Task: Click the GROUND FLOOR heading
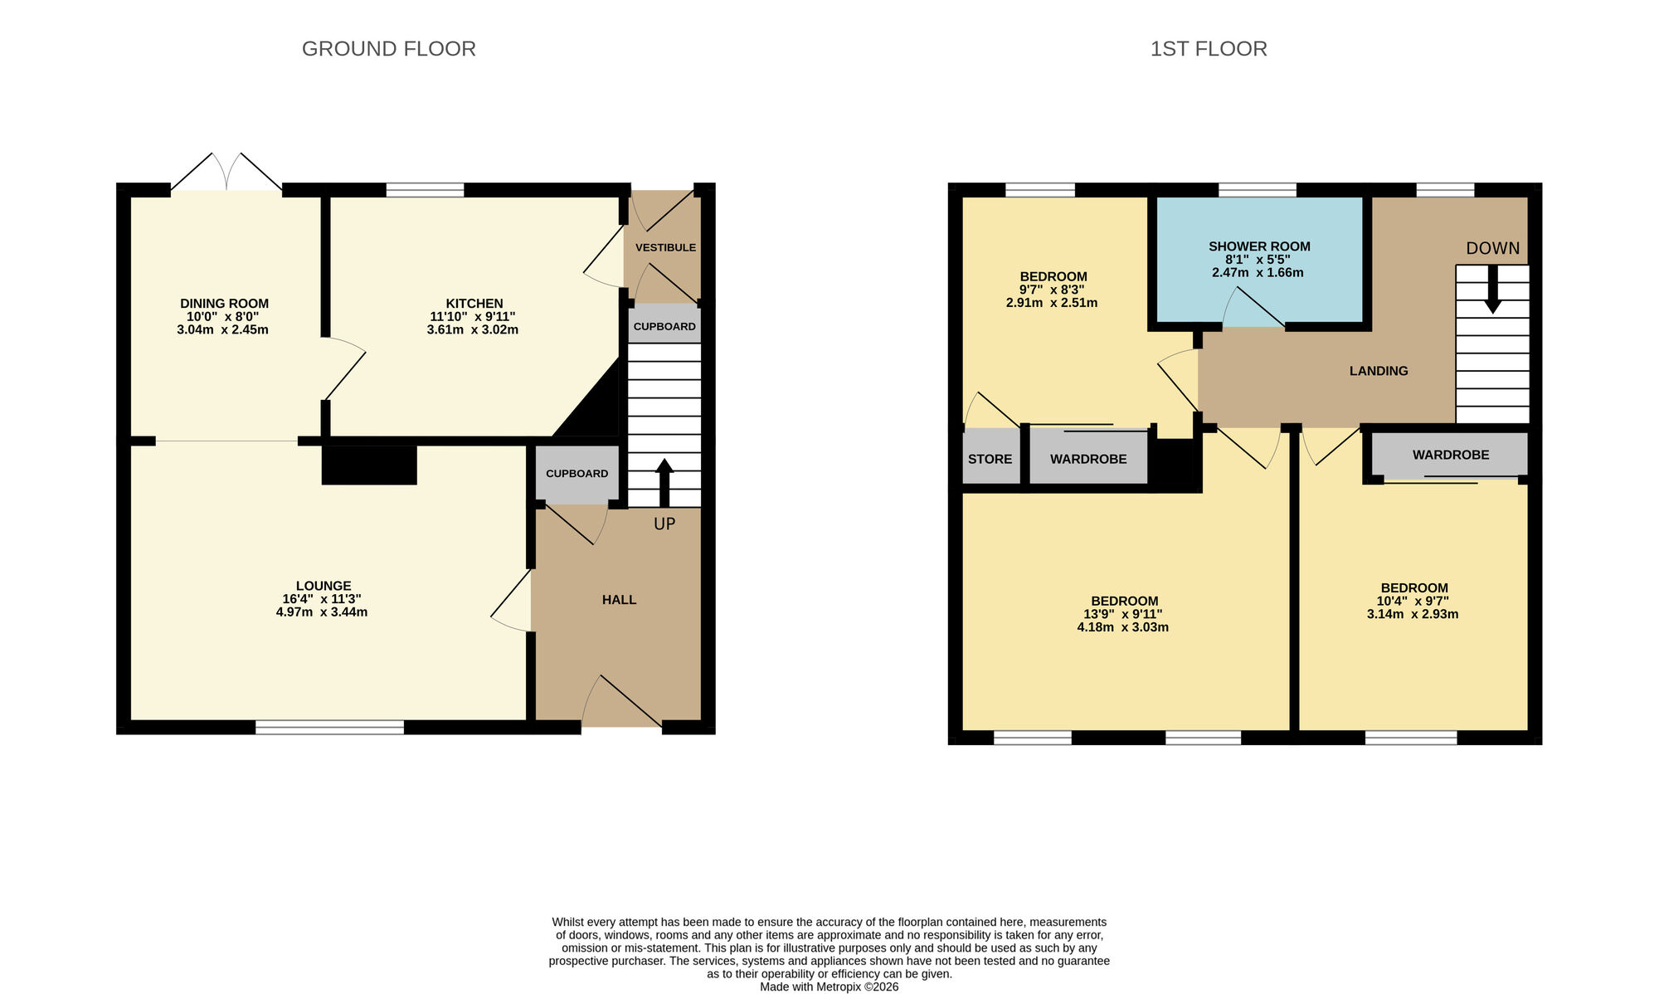(388, 49)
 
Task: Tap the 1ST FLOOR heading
(1208, 49)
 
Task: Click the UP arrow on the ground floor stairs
(664, 482)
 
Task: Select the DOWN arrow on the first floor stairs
(1492, 290)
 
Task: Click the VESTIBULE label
(665, 247)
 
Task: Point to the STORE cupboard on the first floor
(990, 459)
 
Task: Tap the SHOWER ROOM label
(1258, 246)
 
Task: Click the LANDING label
(1378, 371)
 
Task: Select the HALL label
(619, 600)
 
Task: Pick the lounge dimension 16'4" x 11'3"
(321, 599)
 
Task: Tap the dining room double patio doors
(226, 172)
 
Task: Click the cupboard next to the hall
(577, 474)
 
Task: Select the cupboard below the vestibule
(664, 326)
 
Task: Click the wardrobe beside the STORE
(1088, 459)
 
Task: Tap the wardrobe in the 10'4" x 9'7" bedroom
(1450, 455)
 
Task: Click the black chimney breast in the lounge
(368, 465)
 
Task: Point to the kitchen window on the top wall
(425, 190)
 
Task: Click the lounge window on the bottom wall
(329, 728)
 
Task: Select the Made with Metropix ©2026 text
(829, 987)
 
